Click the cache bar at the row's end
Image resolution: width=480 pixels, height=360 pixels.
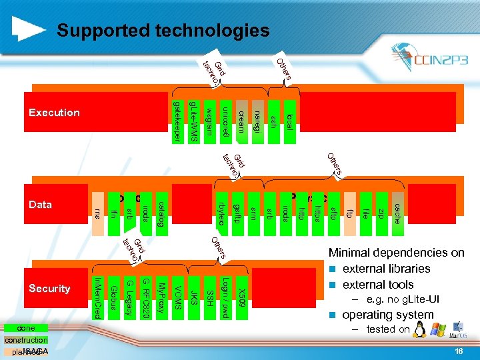click(396, 213)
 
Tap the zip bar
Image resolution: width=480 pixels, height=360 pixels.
click(381, 213)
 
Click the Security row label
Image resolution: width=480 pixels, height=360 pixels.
click(49, 289)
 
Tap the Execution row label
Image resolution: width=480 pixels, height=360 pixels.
click(54, 113)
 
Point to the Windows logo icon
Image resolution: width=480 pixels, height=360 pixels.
click(438, 329)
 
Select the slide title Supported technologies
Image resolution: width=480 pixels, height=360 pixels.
click(163, 31)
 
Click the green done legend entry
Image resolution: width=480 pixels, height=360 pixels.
click(26, 329)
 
